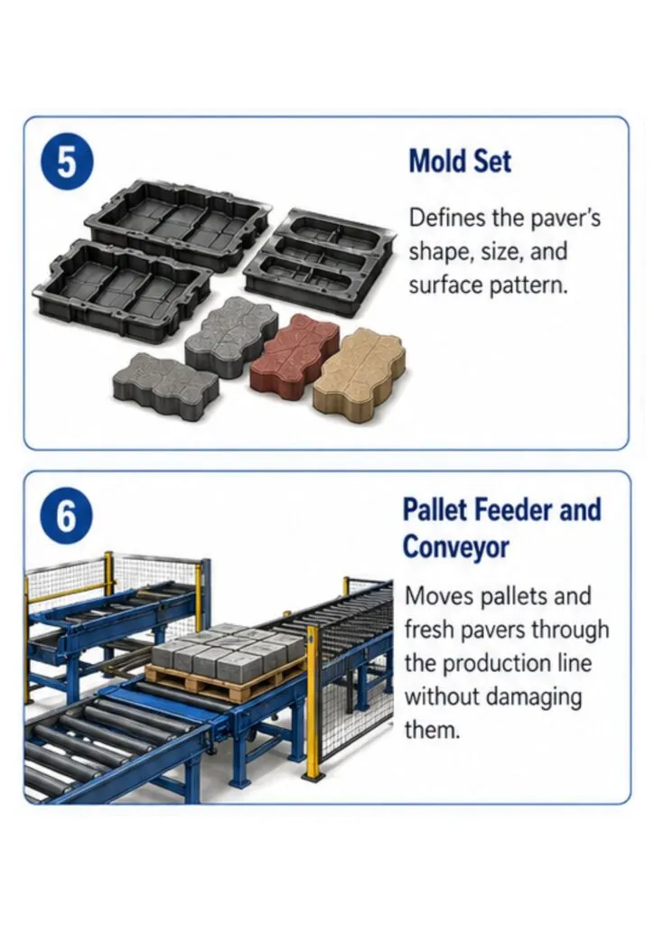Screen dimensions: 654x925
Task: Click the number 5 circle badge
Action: click(67, 162)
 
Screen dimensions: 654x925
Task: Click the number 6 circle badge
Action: click(67, 516)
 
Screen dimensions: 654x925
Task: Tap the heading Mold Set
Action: click(460, 161)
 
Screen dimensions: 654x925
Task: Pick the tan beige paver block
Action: click(359, 369)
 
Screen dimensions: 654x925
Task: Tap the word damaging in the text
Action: click(535, 698)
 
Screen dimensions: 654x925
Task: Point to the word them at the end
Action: click(431, 731)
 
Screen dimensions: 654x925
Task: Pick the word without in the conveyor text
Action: click(443, 696)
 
